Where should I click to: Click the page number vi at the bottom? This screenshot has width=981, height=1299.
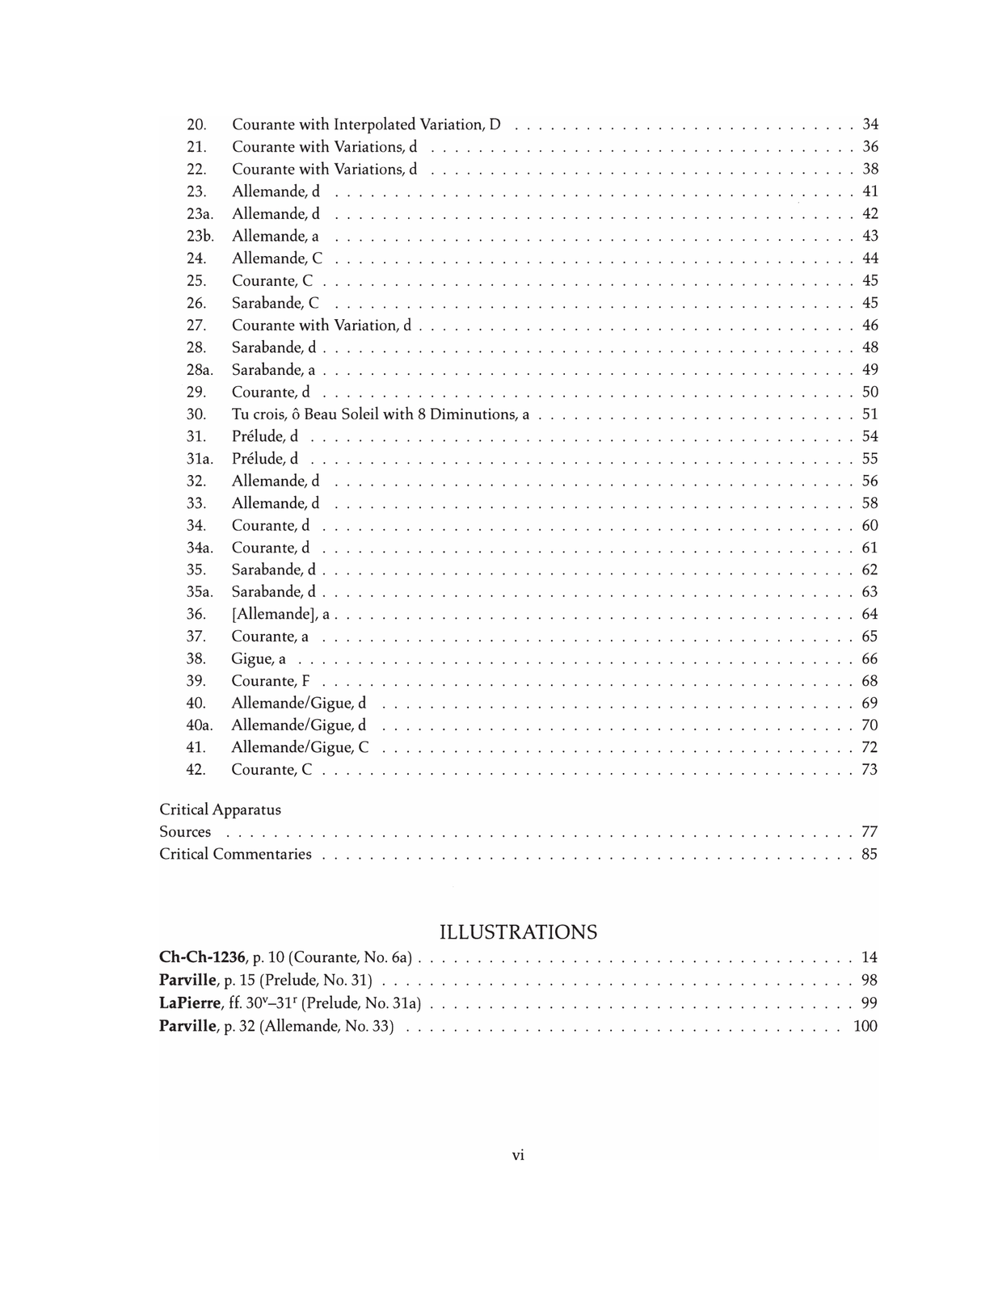point(518,1155)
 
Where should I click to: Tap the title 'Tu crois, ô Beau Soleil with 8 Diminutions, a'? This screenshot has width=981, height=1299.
point(380,414)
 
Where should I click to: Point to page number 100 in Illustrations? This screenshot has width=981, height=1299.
point(865,1026)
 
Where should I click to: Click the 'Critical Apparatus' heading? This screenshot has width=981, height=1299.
point(220,809)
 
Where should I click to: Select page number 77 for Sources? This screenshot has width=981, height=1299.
point(869,831)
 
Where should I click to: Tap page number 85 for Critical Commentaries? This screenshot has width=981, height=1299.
point(869,854)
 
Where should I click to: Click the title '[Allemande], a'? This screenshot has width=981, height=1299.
point(280,614)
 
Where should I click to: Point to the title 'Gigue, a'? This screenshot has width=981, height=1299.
point(259,659)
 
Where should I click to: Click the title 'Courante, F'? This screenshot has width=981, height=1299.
point(271,681)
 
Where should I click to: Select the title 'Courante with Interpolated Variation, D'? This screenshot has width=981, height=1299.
point(366,124)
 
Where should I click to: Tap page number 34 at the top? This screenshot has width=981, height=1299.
point(870,124)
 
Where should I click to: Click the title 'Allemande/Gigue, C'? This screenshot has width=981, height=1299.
point(300,747)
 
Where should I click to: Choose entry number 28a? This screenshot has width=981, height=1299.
point(200,370)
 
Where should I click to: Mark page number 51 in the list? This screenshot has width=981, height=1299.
point(870,414)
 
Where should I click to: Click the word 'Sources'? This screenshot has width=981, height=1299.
point(185,831)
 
